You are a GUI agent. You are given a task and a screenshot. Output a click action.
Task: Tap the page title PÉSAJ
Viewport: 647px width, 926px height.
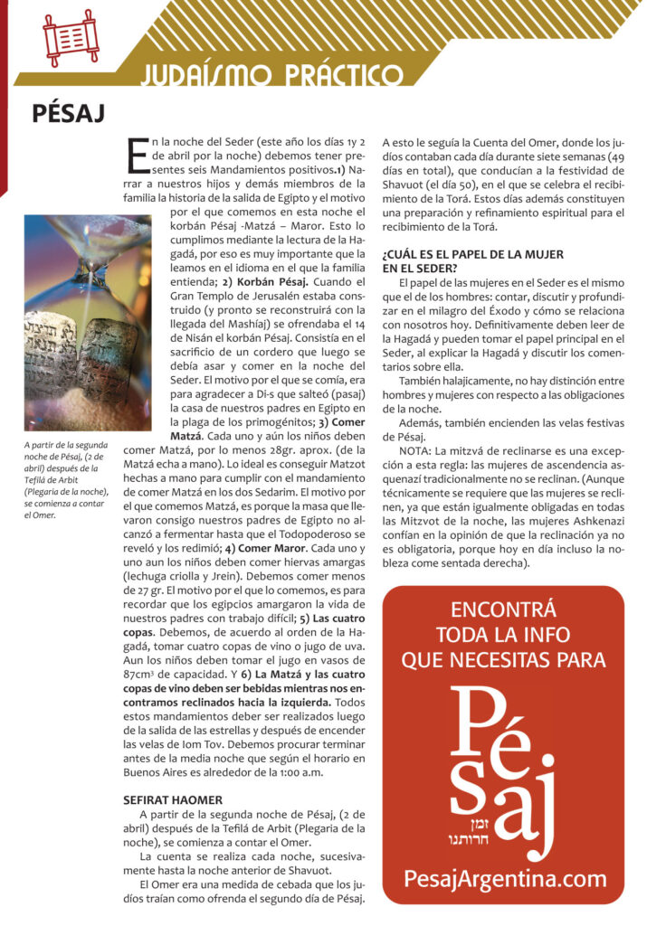(69, 113)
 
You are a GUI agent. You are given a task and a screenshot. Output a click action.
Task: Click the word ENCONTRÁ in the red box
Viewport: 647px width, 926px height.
(503, 608)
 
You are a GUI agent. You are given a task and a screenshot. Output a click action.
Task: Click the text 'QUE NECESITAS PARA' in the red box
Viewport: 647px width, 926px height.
(503, 660)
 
